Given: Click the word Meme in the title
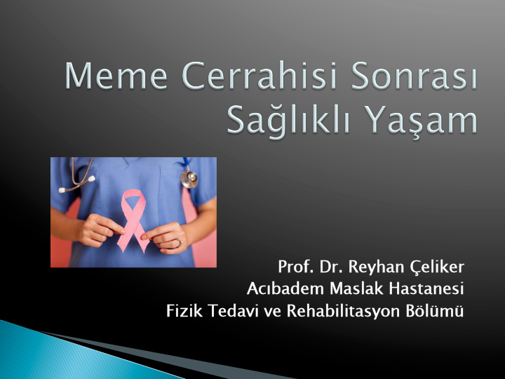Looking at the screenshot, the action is coord(116,75).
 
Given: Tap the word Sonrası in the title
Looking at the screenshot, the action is coord(414,75).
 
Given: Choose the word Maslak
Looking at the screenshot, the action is coord(356,288).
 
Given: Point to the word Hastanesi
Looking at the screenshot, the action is coord(426,288).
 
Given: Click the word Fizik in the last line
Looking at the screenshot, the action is coord(184,311).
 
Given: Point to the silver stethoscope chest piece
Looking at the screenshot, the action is coord(189,179).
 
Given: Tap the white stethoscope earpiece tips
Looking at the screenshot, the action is coord(77,185).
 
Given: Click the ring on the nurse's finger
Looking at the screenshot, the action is coord(180,241).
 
